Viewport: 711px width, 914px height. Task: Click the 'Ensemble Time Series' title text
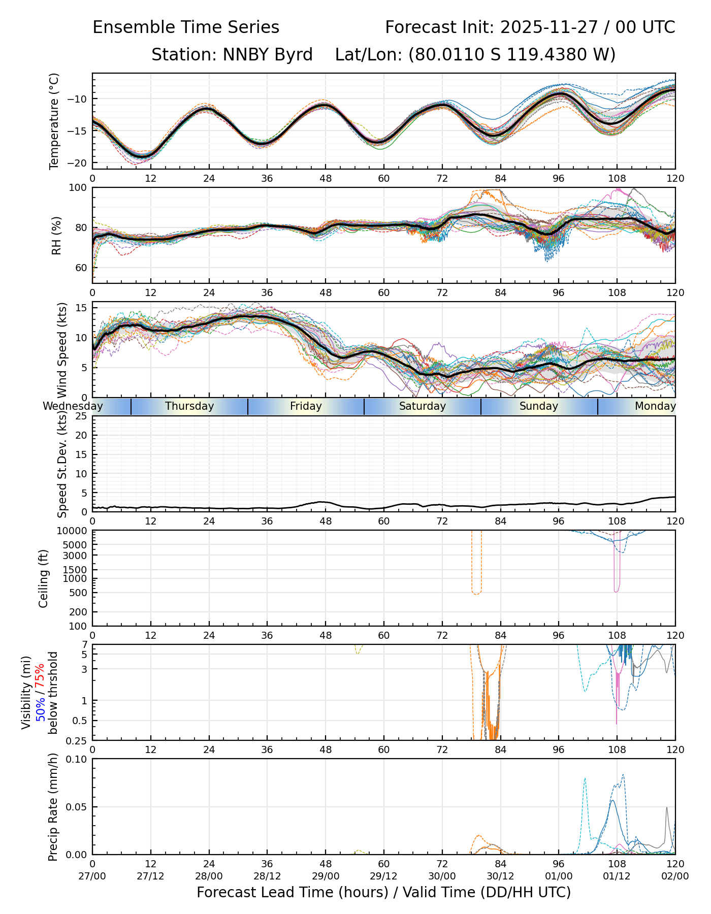pyautogui.click(x=186, y=27)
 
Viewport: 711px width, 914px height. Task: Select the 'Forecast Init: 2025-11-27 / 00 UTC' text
pyautogui.click(x=530, y=27)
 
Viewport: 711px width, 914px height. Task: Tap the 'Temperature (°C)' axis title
pyautogui.click(x=54, y=121)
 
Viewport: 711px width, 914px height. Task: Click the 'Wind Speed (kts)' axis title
pyautogui.click(x=62, y=350)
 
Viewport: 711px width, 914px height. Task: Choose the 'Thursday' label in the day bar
pyautogui.click(x=189, y=406)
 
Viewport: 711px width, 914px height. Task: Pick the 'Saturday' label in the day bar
pyautogui.click(x=422, y=406)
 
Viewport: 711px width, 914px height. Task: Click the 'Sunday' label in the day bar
pyautogui.click(x=538, y=406)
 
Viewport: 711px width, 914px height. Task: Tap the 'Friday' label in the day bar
pyautogui.click(x=306, y=406)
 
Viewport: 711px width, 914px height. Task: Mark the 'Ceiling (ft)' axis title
pyautogui.click(x=44, y=578)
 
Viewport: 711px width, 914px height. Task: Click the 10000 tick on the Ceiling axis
pyautogui.click(x=74, y=531)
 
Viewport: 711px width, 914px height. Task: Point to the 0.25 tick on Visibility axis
pyautogui.click(x=78, y=740)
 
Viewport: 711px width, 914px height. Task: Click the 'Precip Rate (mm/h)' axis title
pyautogui.click(x=53, y=806)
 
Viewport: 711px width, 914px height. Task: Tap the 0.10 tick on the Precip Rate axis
pyautogui.click(x=78, y=759)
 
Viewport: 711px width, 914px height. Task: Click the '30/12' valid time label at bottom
pyautogui.click(x=500, y=876)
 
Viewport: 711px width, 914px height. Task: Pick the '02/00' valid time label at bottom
pyautogui.click(x=675, y=876)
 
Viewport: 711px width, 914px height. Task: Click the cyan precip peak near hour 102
pyautogui.click(x=585, y=778)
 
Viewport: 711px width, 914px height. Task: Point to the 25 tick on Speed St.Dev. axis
pyautogui.click(x=81, y=416)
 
